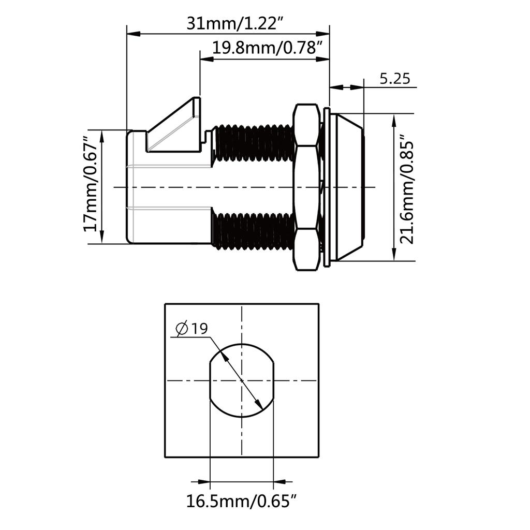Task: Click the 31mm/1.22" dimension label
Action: click(235, 24)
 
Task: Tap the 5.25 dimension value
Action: click(395, 79)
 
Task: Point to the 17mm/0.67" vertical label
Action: click(91, 184)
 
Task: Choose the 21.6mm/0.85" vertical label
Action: click(407, 188)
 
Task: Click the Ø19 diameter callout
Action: click(192, 329)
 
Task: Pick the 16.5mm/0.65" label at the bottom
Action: click(242, 500)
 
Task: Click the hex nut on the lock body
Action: click(306, 187)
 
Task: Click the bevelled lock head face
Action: click(350, 187)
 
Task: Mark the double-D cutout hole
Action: click(242, 380)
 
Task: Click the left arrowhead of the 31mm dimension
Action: click(133, 34)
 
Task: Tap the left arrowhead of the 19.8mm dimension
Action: click(207, 60)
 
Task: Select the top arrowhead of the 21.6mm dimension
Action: click(394, 121)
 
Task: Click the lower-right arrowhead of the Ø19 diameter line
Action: click(259, 404)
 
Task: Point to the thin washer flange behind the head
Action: click(327, 187)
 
